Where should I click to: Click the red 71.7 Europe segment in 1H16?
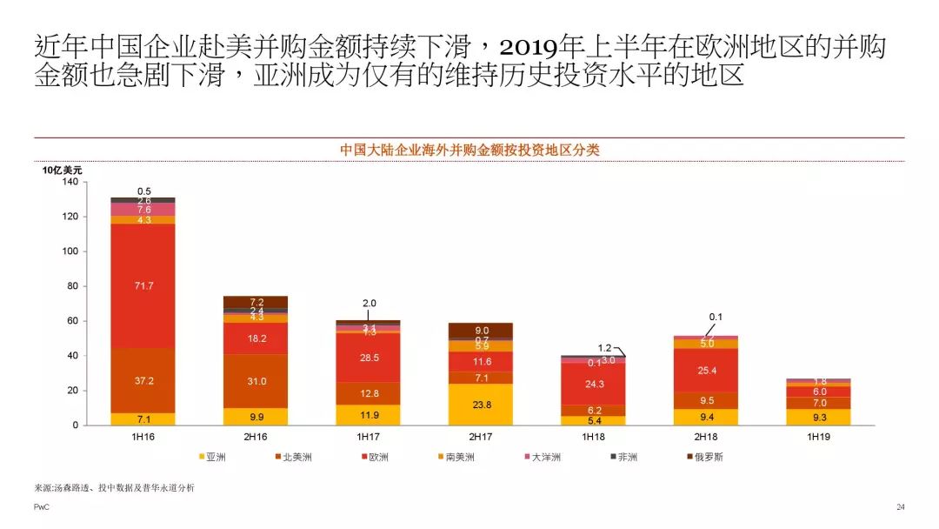(143, 285)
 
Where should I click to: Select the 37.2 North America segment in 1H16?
(143, 381)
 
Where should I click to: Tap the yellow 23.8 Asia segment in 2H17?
(481, 404)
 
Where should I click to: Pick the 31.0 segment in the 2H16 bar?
(256, 381)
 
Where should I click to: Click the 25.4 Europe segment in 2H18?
(706, 371)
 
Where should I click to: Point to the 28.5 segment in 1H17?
(369, 358)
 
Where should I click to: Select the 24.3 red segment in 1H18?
(593, 384)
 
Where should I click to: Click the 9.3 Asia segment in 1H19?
(818, 417)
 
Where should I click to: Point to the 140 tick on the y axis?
(70, 181)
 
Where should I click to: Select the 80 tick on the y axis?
(72, 285)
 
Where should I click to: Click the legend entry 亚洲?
(214, 457)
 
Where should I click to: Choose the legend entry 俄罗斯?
(706, 457)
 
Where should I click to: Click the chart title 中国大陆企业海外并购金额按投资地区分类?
(469, 150)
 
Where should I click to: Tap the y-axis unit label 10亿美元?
(63, 170)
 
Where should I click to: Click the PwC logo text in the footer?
(41, 507)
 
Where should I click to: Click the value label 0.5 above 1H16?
(144, 191)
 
